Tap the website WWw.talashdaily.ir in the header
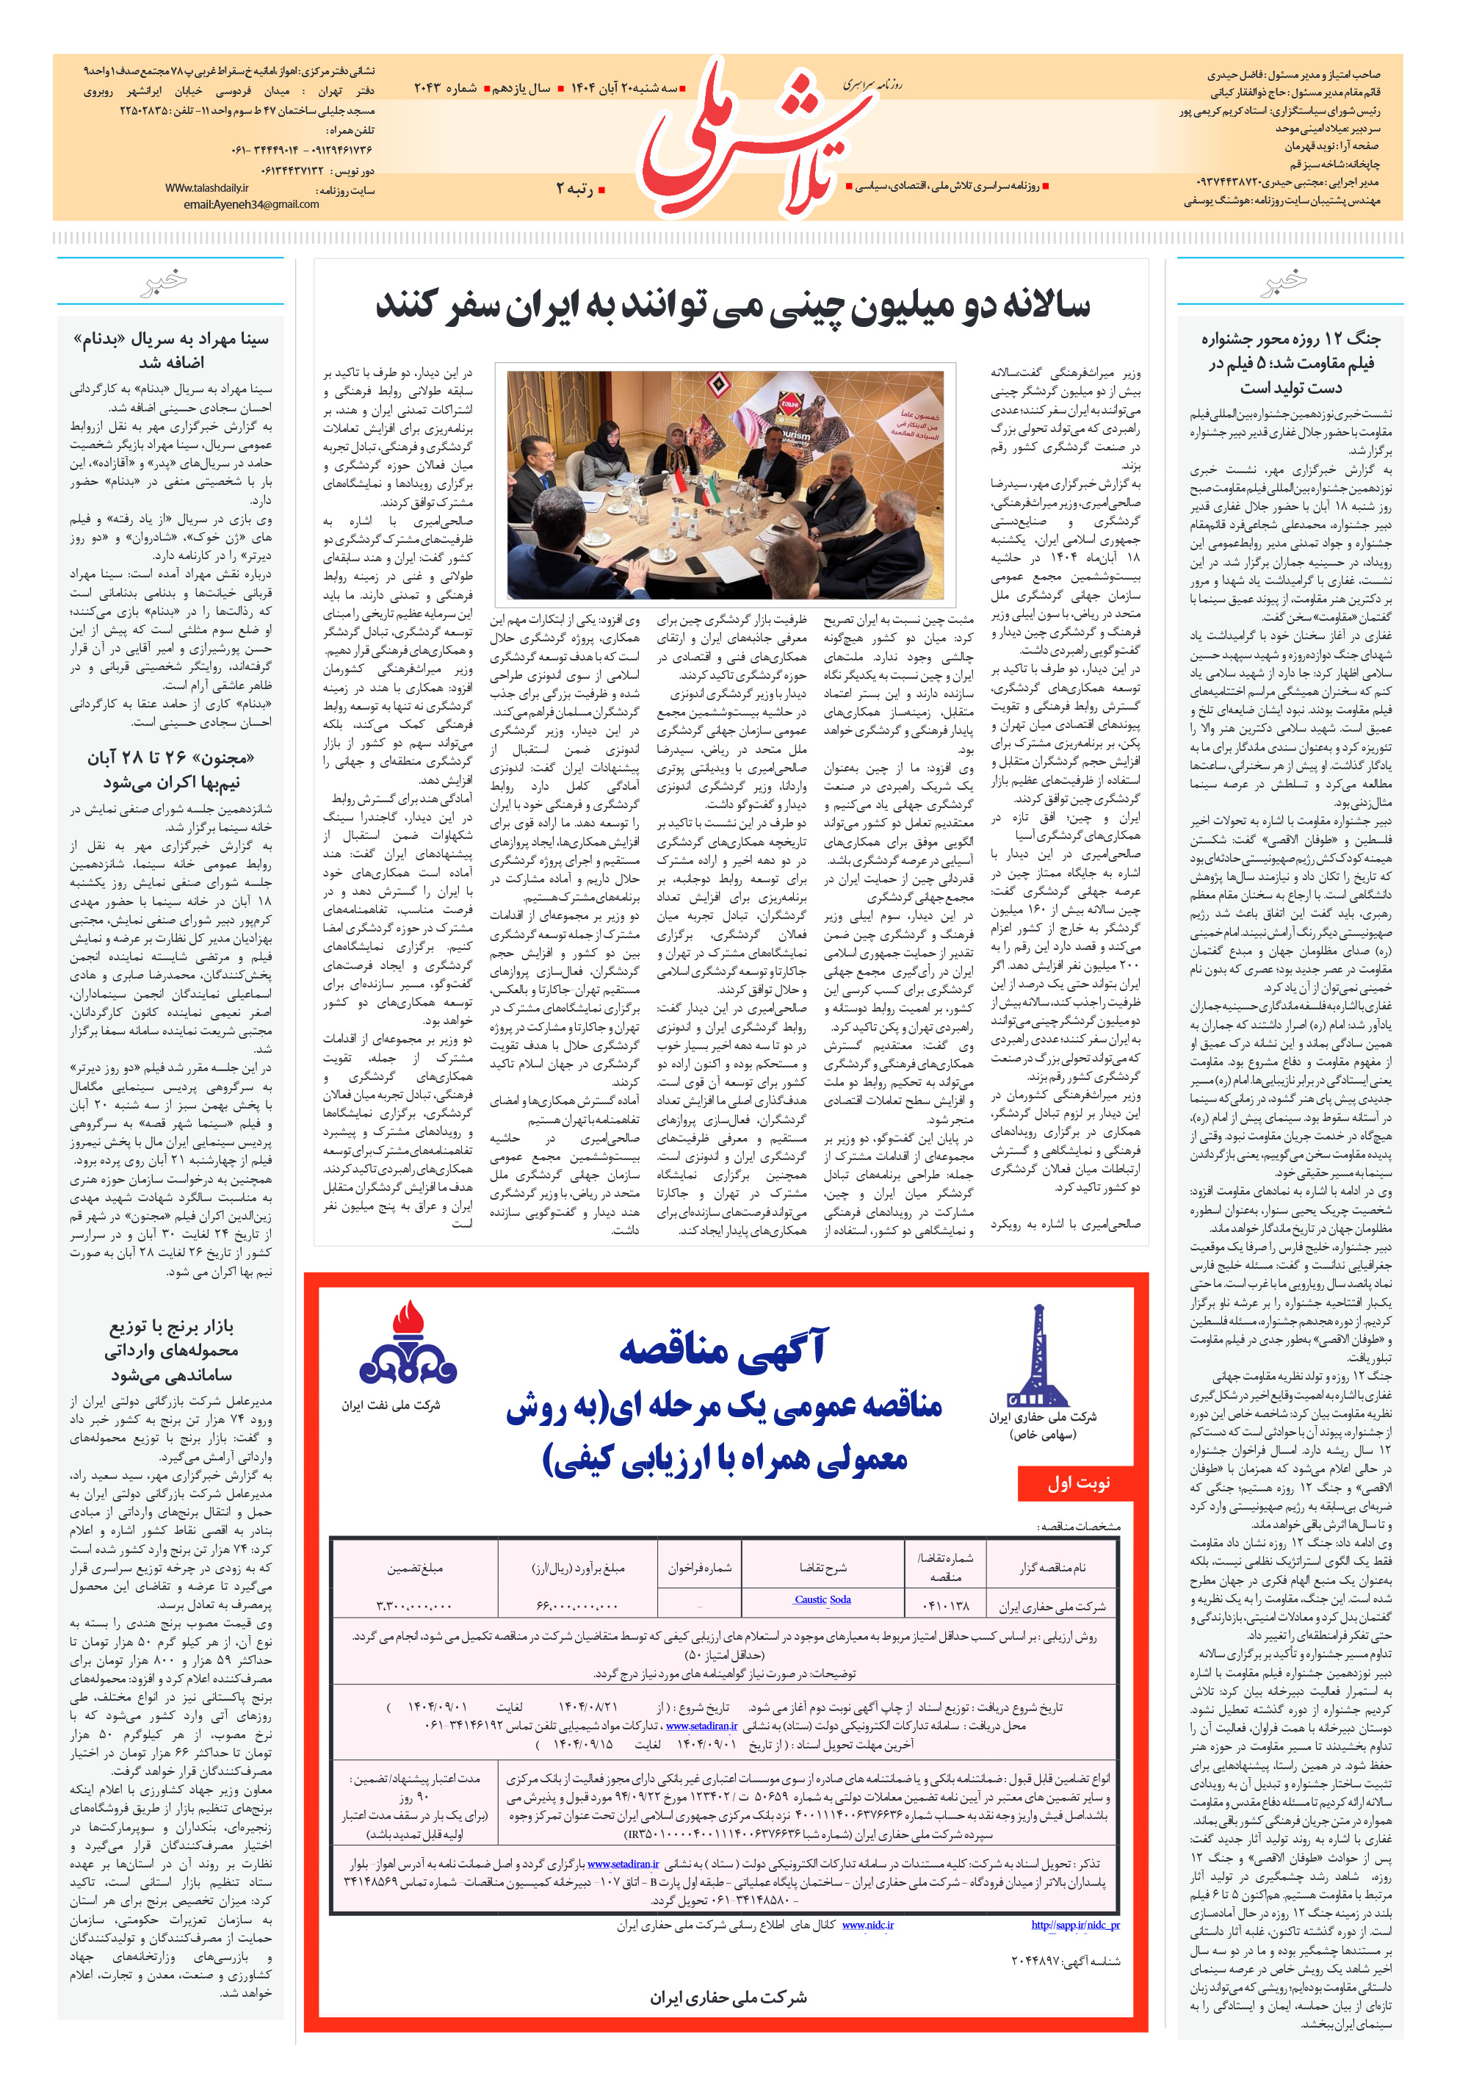click(x=206, y=189)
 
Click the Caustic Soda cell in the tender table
click(x=822, y=1599)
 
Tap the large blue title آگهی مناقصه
click(x=723, y=1348)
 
